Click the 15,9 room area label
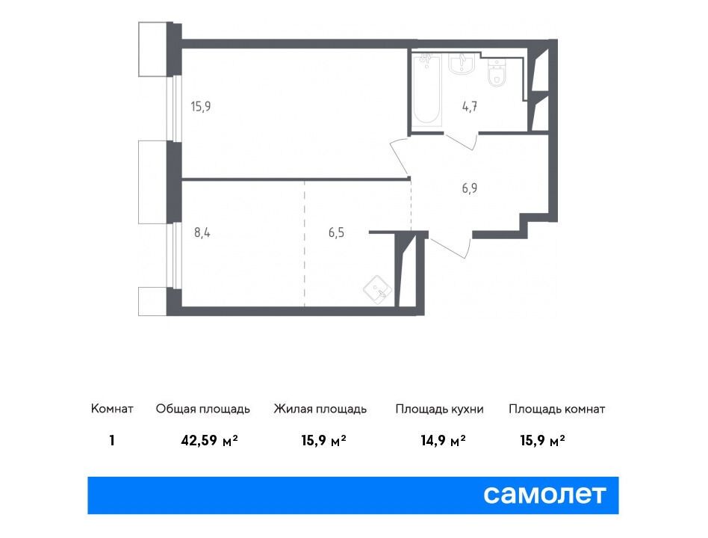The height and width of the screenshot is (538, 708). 201,107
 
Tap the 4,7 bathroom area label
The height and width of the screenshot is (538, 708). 470,107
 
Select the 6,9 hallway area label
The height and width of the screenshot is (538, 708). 470,188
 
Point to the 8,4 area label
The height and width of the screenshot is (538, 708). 202,232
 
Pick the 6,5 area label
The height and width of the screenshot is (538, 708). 336,232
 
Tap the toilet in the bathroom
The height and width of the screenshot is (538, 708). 497,74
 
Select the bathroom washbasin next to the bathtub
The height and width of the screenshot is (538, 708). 462,64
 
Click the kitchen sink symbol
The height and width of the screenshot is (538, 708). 378,290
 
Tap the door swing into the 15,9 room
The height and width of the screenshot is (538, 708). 400,156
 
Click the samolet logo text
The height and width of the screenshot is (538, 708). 544,495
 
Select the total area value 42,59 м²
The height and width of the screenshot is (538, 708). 210,440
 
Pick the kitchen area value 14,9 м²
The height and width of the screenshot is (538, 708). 444,440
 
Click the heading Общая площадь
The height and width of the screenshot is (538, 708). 202,409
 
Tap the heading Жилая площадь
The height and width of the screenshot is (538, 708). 320,409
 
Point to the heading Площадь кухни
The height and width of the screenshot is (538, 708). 439,409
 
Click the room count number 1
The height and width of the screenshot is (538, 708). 112,440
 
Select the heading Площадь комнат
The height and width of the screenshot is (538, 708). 556,409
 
